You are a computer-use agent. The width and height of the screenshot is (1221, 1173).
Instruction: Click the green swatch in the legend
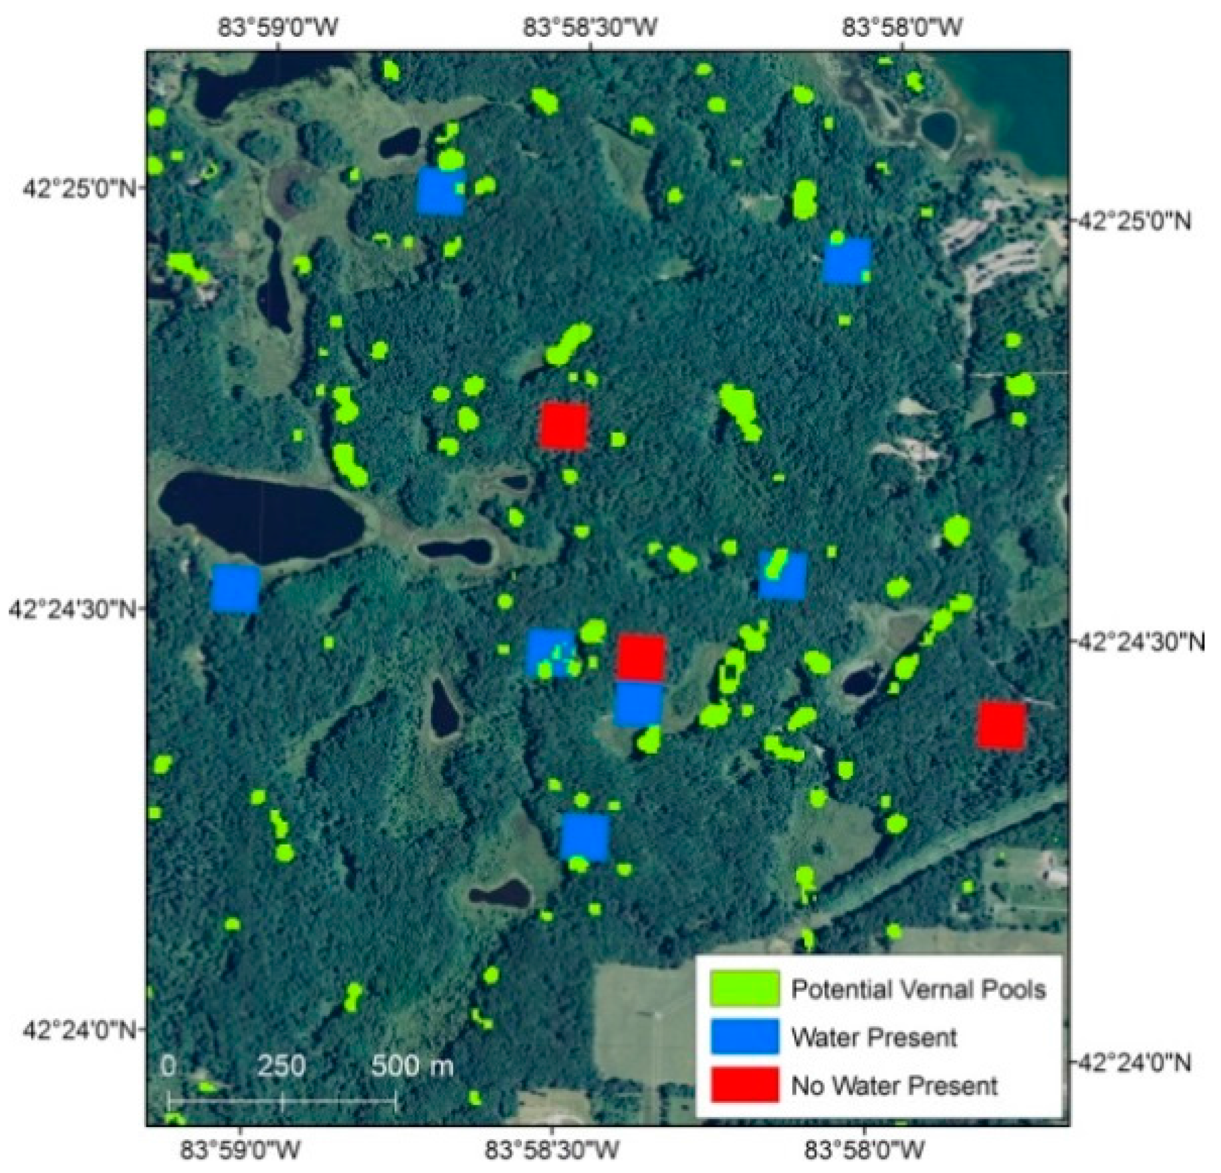click(x=744, y=988)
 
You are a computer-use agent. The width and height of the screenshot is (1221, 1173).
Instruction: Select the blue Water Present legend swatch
click(x=744, y=1037)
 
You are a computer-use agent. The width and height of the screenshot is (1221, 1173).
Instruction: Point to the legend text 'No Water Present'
click(x=894, y=1086)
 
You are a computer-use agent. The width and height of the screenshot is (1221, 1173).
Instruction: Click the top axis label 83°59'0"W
click(x=278, y=27)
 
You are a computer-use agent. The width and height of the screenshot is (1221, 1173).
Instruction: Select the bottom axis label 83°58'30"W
click(x=552, y=1151)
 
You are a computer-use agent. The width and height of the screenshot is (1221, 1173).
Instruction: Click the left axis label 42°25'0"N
click(x=78, y=187)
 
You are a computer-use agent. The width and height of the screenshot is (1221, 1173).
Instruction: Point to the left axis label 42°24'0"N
click(x=78, y=1030)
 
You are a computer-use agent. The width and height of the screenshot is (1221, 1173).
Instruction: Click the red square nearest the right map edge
click(x=1001, y=726)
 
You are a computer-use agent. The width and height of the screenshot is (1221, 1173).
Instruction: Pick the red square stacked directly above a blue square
click(x=641, y=658)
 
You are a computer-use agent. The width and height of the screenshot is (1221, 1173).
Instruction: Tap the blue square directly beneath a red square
click(x=638, y=704)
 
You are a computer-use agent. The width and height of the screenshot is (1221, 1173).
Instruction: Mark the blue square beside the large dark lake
click(x=236, y=588)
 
